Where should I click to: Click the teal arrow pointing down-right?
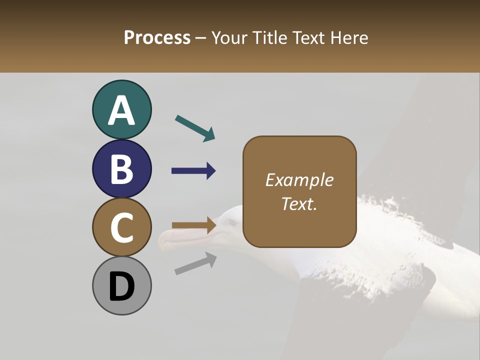point(195,128)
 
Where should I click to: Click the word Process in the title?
point(157,37)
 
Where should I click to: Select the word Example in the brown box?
point(299,180)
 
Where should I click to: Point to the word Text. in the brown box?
point(299,203)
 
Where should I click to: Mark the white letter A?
point(121,111)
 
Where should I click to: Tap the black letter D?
point(121,287)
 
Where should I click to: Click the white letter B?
point(121,169)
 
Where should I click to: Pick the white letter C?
point(121,227)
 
